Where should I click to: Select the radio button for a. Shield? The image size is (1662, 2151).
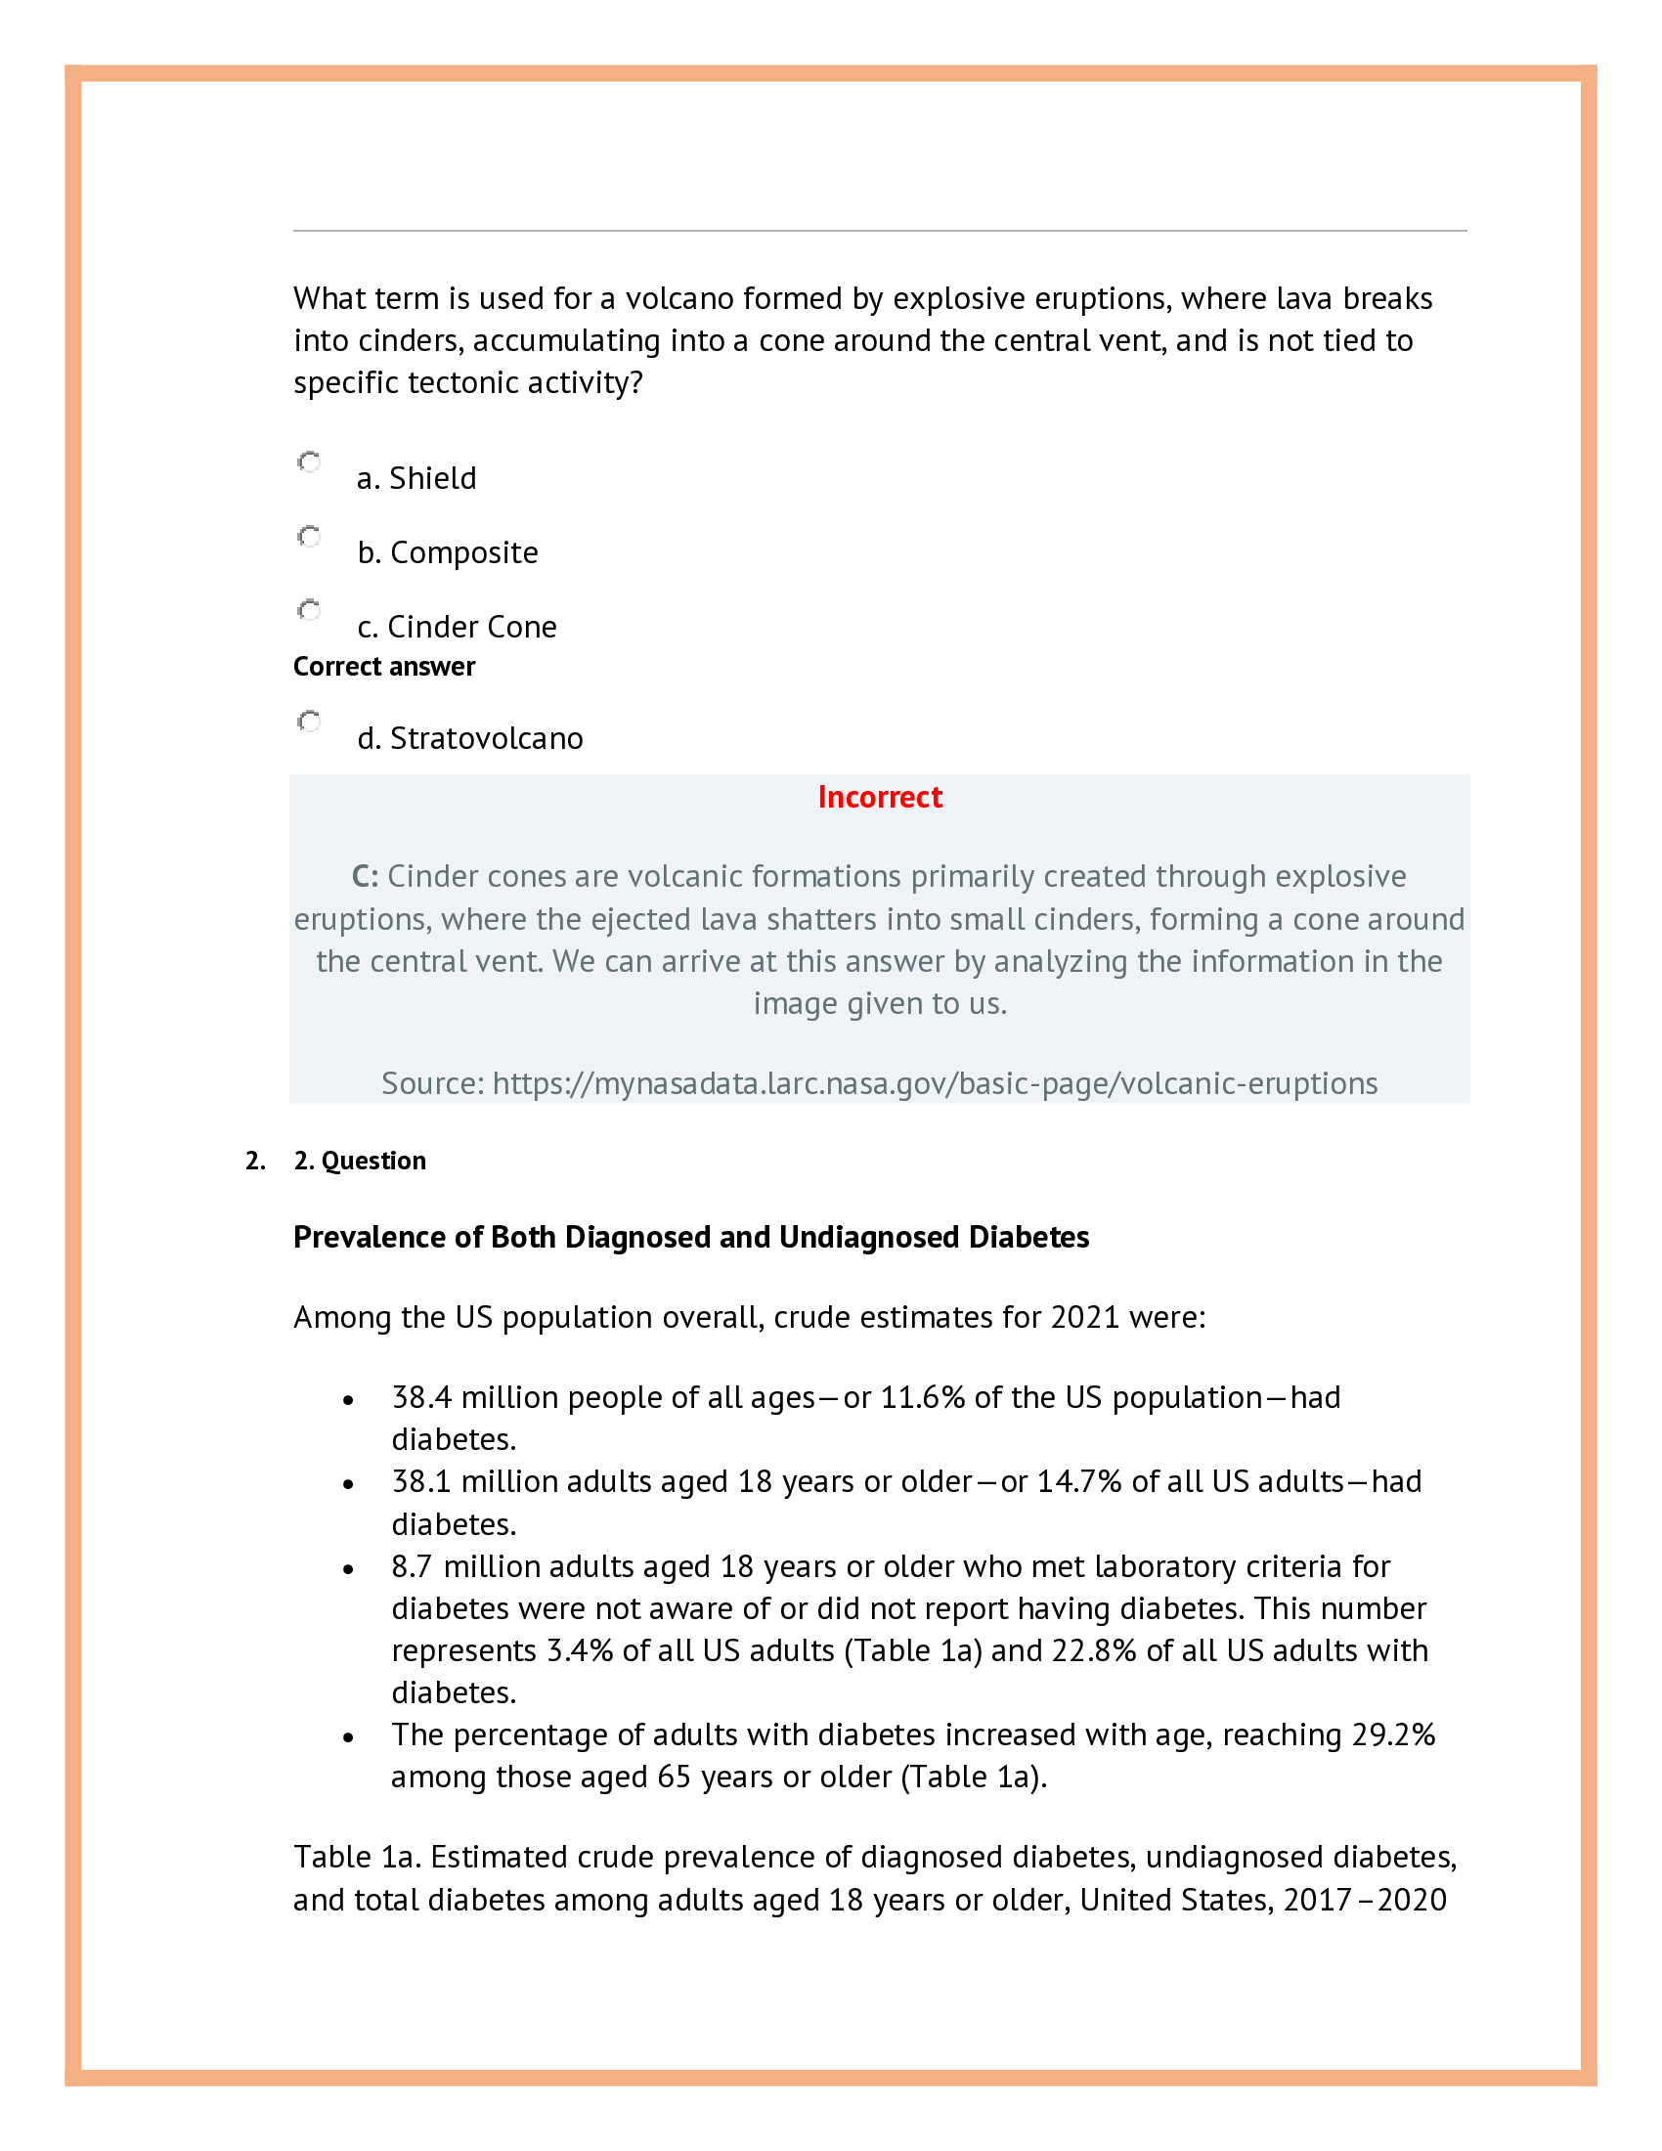point(309,461)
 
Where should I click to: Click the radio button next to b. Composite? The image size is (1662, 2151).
point(309,537)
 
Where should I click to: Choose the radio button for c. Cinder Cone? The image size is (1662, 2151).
point(309,611)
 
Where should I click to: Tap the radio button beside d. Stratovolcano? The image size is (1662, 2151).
point(309,722)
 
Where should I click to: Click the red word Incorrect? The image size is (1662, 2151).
point(879,797)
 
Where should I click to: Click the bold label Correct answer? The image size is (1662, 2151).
point(384,667)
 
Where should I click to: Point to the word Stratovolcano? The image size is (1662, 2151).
point(487,738)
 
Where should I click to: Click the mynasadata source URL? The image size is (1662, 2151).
point(935,1083)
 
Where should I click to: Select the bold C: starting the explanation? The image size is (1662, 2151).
point(365,877)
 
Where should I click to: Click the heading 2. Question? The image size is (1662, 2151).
point(360,1161)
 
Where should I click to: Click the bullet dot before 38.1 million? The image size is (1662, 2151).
point(348,1484)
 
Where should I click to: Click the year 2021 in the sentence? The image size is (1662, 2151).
point(1085,1318)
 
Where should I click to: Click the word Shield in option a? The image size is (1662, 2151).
point(432,479)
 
